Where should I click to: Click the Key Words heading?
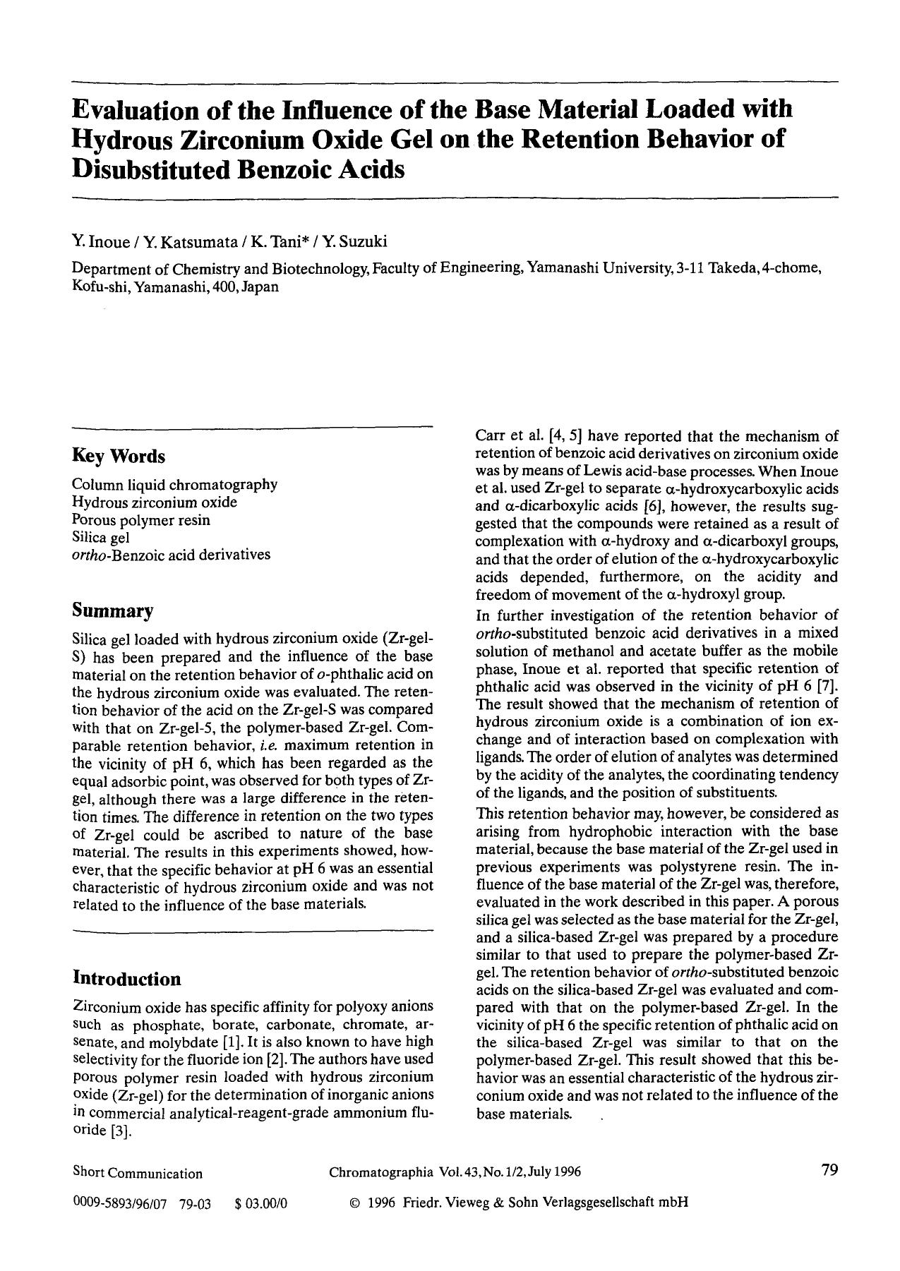119,457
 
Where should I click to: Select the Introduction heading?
127,979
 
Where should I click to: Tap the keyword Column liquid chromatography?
175,485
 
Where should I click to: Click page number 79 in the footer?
829,1170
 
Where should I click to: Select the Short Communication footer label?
138,1174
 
